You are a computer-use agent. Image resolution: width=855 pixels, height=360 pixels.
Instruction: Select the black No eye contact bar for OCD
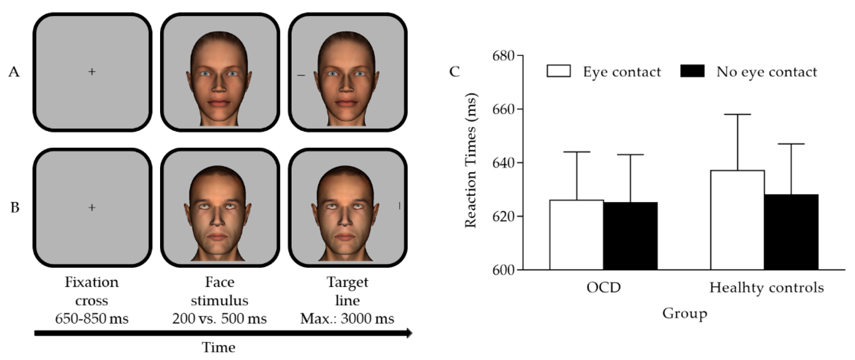pyautogui.click(x=630, y=236)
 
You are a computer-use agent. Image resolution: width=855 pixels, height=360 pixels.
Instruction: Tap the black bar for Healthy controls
pyautogui.click(x=791, y=232)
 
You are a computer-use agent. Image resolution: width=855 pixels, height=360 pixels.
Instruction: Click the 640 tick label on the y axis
pyautogui.click(x=503, y=163)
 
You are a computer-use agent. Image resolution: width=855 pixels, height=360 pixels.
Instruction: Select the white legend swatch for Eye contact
pyautogui.click(x=559, y=71)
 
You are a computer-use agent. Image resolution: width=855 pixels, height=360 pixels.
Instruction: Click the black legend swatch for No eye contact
pyautogui.click(x=692, y=71)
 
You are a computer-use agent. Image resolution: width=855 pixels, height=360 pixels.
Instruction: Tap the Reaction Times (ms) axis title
pyautogui.click(x=471, y=161)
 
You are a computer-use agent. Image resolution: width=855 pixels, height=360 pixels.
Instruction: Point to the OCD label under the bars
pyautogui.click(x=603, y=288)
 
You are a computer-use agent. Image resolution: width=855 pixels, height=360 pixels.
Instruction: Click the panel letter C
pyautogui.click(x=454, y=71)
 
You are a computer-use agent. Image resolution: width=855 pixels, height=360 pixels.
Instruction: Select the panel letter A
pyautogui.click(x=14, y=72)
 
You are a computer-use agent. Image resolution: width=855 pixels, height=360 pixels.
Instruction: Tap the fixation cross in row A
pyautogui.click(x=92, y=71)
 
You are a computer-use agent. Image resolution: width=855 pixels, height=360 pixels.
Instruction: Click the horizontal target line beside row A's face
pyautogui.click(x=301, y=76)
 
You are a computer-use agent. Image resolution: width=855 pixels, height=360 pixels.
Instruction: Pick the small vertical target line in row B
pyautogui.click(x=399, y=206)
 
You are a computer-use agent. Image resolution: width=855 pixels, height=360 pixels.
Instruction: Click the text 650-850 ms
pyautogui.click(x=92, y=319)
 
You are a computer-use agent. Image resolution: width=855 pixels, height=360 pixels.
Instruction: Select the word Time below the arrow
pyautogui.click(x=219, y=347)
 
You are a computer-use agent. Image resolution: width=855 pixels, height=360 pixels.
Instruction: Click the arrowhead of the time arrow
pyautogui.click(x=409, y=333)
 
